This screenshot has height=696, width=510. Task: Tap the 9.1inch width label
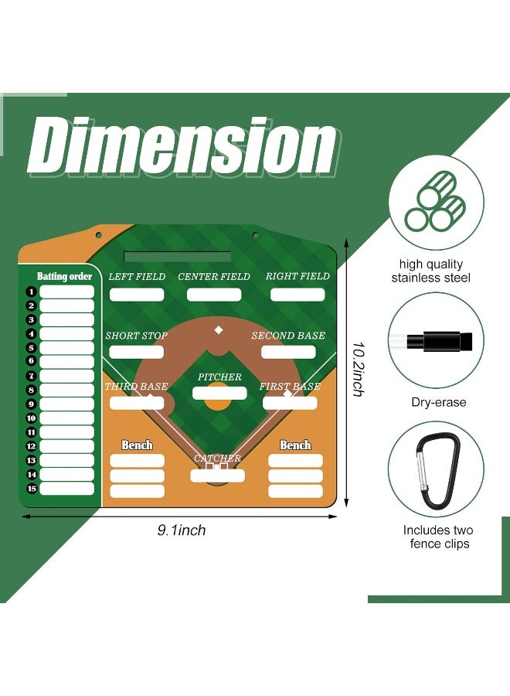(182, 531)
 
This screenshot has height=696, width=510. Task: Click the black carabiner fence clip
(437, 469)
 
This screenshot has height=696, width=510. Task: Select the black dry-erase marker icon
(438, 340)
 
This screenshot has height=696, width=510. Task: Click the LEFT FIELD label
(137, 276)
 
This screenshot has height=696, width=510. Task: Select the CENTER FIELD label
(214, 276)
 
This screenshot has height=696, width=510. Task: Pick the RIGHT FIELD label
(297, 276)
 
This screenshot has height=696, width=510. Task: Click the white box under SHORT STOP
(137, 352)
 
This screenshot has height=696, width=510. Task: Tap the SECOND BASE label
(288, 336)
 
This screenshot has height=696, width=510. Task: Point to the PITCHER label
(219, 377)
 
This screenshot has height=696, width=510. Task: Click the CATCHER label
(217, 459)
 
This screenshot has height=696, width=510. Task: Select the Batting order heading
(64, 276)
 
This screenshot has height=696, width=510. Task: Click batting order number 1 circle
(30, 292)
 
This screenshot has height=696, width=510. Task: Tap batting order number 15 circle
(30, 489)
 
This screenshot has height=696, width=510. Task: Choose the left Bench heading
(137, 445)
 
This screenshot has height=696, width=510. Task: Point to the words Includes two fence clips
(438, 537)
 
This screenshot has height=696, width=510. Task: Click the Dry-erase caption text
(438, 402)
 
